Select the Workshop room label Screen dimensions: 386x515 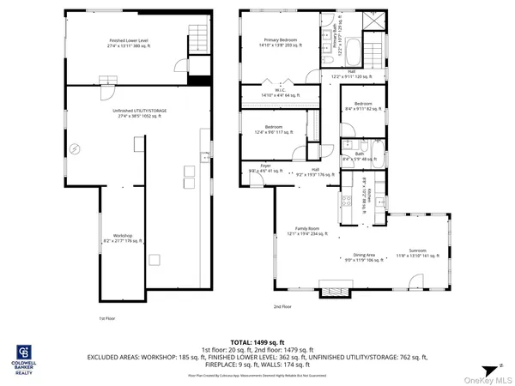click(x=119, y=238)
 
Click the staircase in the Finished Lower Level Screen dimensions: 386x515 click(x=198, y=38)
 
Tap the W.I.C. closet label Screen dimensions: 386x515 click(x=281, y=93)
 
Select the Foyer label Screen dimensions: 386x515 click(x=254, y=168)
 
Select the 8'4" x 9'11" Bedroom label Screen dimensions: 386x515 click(x=359, y=106)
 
